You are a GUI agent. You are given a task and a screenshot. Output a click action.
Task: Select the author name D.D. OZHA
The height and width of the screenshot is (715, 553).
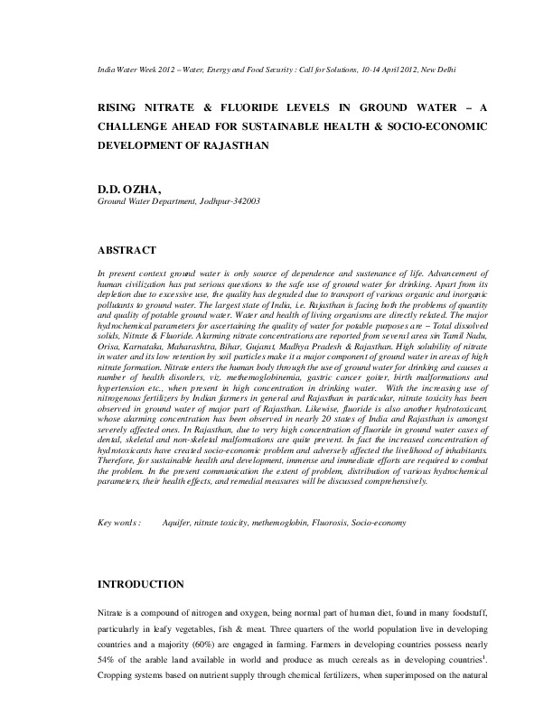pyautogui.click(x=128, y=189)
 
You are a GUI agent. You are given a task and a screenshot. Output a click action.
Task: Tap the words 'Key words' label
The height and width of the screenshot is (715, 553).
pyautogui.click(x=118, y=523)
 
